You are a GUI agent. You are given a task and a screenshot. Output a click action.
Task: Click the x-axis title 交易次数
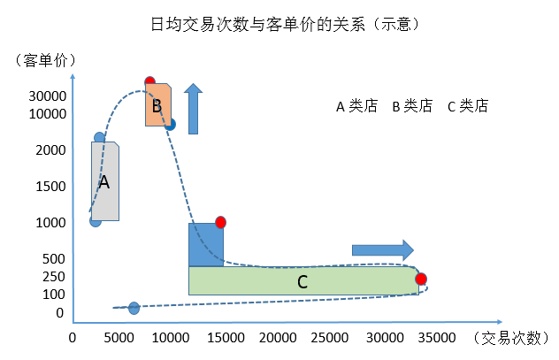(514, 338)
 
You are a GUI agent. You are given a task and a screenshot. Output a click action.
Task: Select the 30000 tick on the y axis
(48, 96)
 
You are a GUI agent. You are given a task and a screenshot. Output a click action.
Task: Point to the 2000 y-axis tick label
(52, 150)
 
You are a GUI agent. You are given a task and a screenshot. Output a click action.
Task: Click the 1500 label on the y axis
(52, 187)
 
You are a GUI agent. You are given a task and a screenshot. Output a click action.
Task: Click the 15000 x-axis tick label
(226, 338)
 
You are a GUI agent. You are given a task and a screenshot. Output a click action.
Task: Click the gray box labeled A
(104, 182)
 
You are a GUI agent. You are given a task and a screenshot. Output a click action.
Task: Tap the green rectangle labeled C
(302, 281)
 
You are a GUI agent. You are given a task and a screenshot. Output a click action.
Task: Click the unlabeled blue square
(206, 244)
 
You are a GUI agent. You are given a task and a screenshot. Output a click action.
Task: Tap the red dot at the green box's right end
(421, 280)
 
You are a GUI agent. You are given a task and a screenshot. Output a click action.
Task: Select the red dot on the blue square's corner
(220, 222)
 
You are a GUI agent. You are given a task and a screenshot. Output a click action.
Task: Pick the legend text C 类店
(468, 106)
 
